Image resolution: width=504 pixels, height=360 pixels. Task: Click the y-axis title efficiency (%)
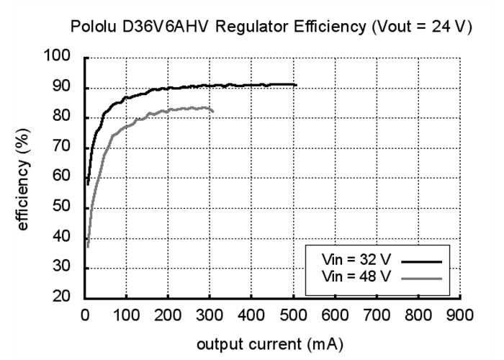point(23,176)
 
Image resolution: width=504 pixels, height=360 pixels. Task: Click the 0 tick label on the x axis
point(85,315)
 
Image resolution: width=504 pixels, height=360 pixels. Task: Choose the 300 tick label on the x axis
point(210,315)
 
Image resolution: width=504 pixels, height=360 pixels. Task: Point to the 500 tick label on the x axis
point(293,315)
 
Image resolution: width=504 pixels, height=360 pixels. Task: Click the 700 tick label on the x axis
point(377,315)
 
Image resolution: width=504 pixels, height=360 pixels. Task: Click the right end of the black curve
point(296,85)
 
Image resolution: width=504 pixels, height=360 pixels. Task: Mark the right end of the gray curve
point(213,110)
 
